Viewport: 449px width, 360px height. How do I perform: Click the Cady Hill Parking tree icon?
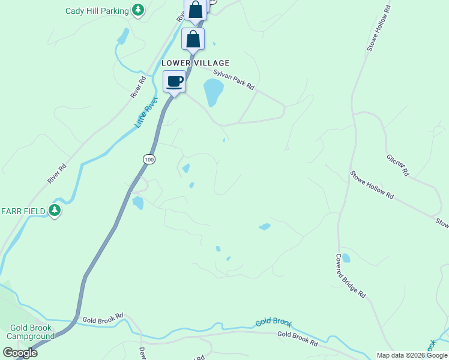[x=139, y=10]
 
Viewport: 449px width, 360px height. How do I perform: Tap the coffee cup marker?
[x=175, y=82]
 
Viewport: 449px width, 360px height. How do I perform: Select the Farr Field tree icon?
[x=55, y=211]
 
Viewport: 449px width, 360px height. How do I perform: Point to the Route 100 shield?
[x=149, y=159]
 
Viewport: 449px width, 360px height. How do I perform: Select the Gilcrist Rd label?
[x=397, y=164]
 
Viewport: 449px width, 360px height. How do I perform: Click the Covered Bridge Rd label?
[x=351, y=275]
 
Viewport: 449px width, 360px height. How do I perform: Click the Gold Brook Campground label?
[x=31, y=332]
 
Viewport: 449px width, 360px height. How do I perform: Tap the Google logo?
[x=20, y=353]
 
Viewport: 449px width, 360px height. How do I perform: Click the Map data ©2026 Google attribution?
[x=411, y=355]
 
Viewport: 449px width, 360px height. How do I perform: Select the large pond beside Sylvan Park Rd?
[x=213, y=91]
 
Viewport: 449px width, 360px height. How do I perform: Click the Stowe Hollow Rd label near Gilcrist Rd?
[x=372, y=185]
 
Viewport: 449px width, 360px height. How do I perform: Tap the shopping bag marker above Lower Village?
[x=193, y=39]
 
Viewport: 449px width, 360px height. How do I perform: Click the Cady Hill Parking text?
[x=97, y=11]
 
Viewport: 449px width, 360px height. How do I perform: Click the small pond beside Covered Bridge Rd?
[x=346, y=258]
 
